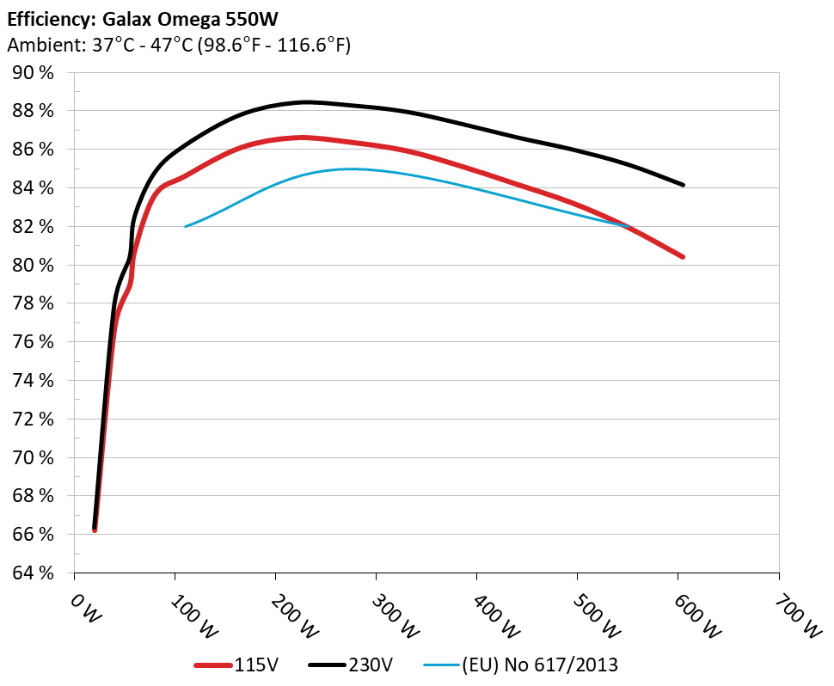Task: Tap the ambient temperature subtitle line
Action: tap(178, 46)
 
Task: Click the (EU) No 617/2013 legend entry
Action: tap(521, 665)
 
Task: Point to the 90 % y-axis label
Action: tap(34, 73)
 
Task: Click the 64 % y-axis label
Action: tap(34, 573)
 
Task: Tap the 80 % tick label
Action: tap(34, 265)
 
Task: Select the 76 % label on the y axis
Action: tap(34, 342)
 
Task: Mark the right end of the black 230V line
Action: tap(683, 185)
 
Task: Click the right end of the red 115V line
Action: tap(683, 256)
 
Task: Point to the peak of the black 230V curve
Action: tap(306, 102)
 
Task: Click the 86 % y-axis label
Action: tap(34, 150)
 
